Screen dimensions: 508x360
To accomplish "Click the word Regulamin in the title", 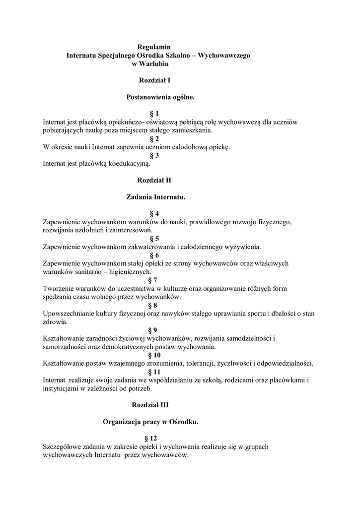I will click(x=154, y=47).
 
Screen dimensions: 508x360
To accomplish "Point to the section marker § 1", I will click(x=154, y=114).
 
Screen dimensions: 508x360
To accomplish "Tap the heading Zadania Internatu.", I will click(x=156, y=197).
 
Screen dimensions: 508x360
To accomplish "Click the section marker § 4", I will click(x=154, y=213).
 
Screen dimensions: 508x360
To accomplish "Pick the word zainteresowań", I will click(x=129, y=230).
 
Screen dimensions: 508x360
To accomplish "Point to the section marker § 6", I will click(x=154, y=255).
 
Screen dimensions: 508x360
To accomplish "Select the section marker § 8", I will click(x=154, y=305).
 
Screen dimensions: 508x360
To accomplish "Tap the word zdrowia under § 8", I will click(x=55, y=322).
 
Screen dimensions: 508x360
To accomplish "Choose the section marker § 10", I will click(x=154, y=355).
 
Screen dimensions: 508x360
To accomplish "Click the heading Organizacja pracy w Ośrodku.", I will click(x=150, y=422).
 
